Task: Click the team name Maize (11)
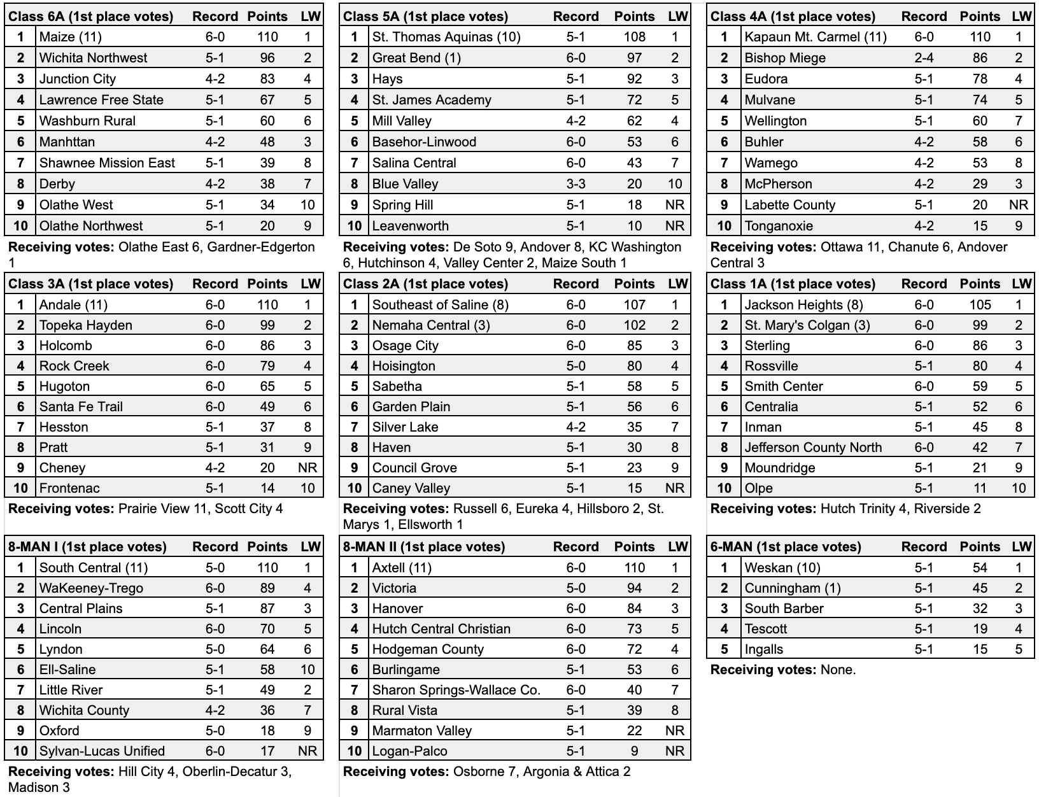70,37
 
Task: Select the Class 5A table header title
425,17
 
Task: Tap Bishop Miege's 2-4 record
924,58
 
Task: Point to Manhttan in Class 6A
67,142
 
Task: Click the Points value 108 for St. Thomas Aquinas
634,37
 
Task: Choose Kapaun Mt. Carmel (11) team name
816,37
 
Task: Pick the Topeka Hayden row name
86,325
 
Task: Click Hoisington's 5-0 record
576,366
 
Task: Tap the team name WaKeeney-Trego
91,588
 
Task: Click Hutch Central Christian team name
441,629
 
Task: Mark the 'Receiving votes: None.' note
783,670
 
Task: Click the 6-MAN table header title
786,547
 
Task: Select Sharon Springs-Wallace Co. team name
456,690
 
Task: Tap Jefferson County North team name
813,448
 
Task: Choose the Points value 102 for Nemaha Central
634,325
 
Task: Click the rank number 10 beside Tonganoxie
724,226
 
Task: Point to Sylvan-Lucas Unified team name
102,751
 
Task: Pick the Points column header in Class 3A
267,284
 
